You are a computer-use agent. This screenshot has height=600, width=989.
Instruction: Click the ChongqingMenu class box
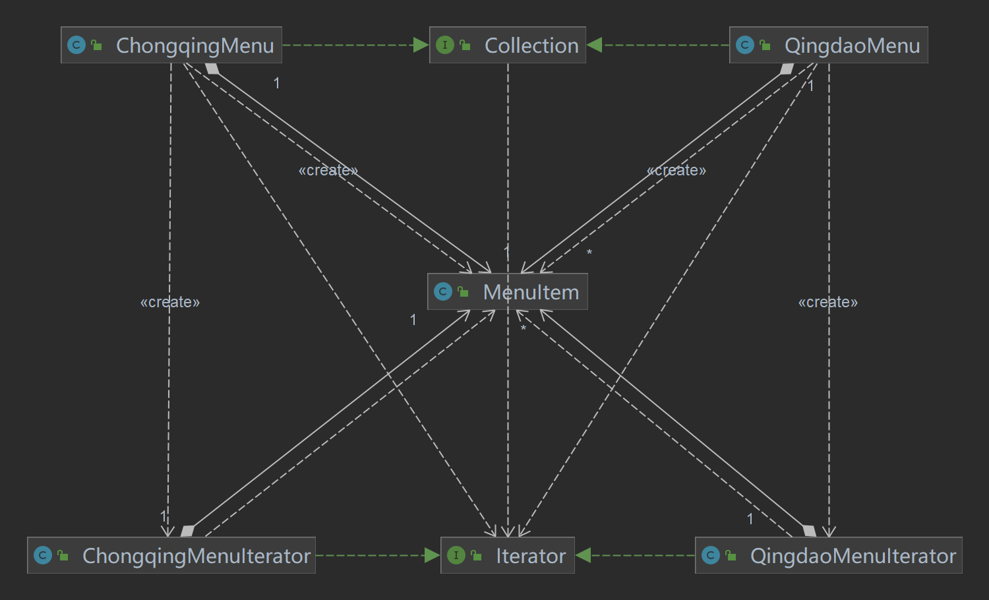point(171,45)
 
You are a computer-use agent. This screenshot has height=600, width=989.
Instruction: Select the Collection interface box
point(507,45)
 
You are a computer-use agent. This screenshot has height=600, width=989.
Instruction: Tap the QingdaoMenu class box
point(828,45)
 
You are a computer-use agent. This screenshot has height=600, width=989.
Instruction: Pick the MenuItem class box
point(507,291)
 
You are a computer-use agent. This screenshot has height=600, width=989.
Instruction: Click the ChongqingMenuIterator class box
point(171,555)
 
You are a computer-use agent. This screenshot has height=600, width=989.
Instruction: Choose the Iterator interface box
point(507,555)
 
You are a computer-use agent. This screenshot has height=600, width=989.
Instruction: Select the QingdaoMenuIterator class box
point(828,555)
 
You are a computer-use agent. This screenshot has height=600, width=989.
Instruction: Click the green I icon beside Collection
point(445,45)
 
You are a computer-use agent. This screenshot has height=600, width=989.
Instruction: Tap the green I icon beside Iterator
point(456,555)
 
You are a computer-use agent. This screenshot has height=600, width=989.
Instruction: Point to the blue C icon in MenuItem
point(443,291)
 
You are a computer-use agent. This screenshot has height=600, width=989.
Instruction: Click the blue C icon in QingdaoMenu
point(744,45)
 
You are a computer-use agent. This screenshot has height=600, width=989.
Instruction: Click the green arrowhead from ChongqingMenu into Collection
point(421,45)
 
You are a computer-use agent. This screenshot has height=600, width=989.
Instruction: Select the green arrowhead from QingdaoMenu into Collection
point(595,45)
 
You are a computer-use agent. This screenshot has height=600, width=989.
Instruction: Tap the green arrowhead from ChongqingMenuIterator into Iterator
point(433,555)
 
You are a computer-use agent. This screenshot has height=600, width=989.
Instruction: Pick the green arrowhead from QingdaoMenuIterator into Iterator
point(584,555)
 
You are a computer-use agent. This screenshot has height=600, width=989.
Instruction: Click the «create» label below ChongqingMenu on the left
point(170,302)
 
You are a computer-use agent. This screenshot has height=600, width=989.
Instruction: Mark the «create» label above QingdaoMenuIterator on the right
point(828,302)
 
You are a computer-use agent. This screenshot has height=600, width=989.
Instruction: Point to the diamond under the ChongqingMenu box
point(212,69)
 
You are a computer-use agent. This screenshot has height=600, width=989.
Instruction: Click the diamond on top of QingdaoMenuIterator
point(810,531)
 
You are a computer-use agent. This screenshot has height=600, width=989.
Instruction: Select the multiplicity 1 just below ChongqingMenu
point(277,83)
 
